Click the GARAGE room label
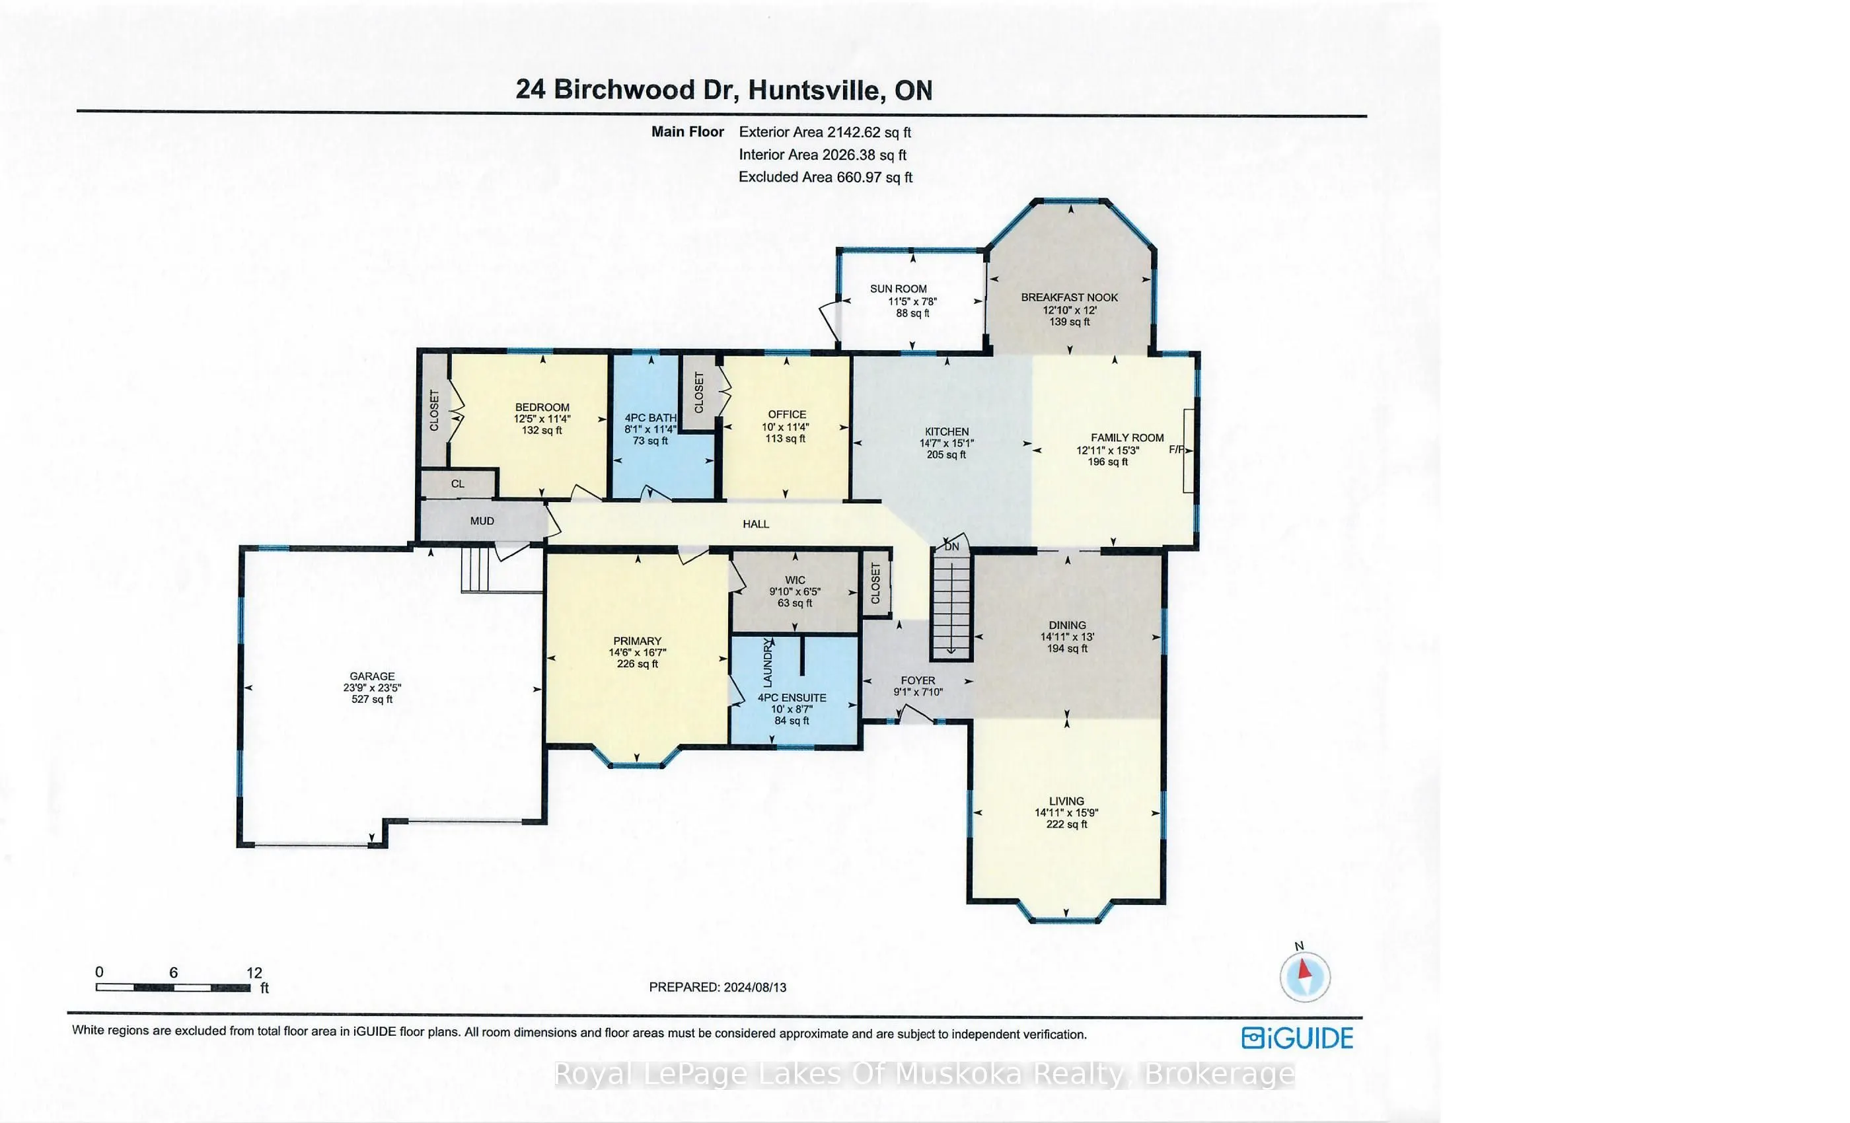click(x=371, y=676)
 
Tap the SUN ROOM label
click(x=898, y=288)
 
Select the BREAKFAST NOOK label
click(x=1069, y=297)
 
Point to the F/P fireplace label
click(x=1177, y=450)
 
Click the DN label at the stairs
click(x=951, y=546)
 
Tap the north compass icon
click(x=1305, y=976)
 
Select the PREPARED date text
click(x=717, y=987)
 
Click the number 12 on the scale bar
click(x=254, y=972)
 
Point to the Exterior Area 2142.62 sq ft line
click(x=825, y=132)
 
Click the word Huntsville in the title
click(x=814, y=90)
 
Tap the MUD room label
click(x=482, y=521)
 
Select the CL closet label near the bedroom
click(x=458, y=484)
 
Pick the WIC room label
click(x=795, y=579)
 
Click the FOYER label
click(x=918, y=680)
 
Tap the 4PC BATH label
click(x=650, y=417)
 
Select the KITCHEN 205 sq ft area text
click(x=946, y=454)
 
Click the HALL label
click(x=755, y=524)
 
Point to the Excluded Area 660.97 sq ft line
click(x=825, y=177)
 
